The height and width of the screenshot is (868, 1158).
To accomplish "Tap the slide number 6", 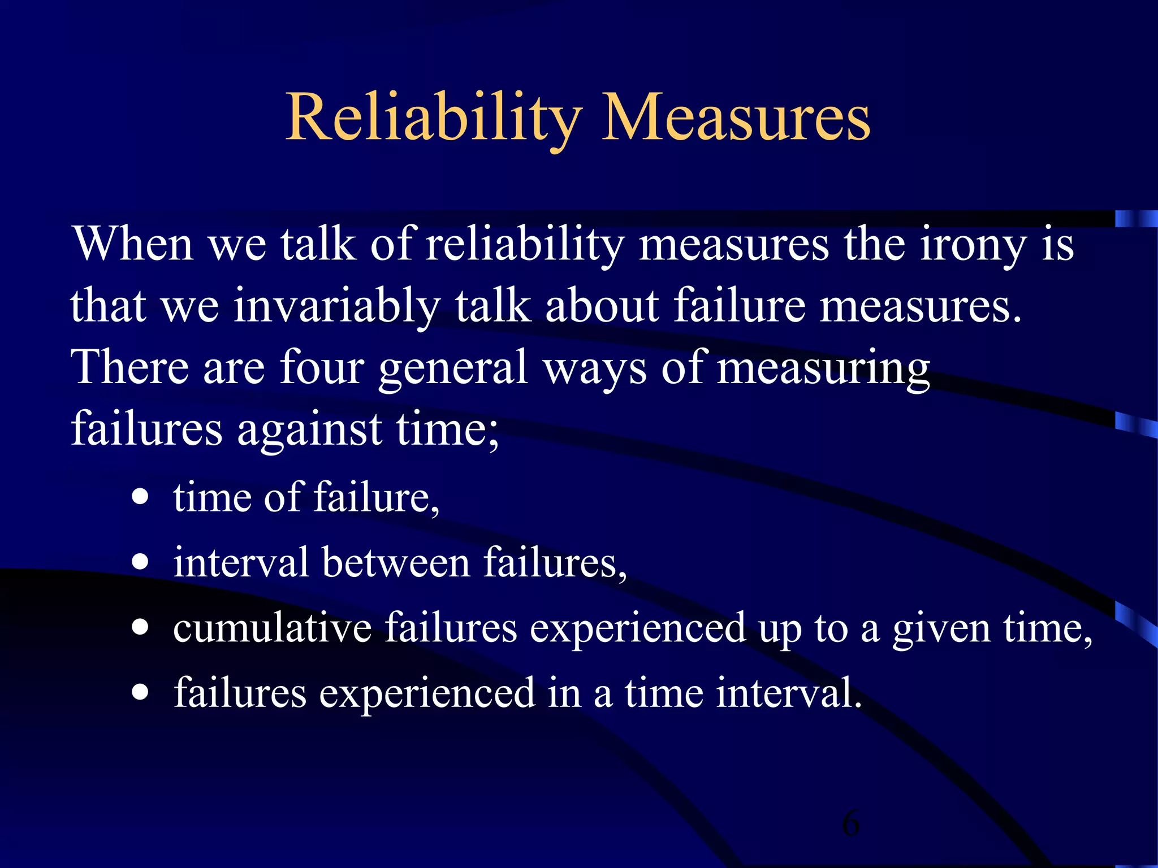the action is coord(850,823).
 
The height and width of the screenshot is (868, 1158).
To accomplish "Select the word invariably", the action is coord(336,307).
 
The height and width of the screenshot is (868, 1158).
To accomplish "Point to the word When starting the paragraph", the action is coord(133,245).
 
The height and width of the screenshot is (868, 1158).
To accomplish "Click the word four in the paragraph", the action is coord(322,368).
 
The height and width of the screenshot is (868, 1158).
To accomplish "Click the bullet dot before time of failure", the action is coord(140,497).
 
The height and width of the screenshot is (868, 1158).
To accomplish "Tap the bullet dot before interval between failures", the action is coord(140,562).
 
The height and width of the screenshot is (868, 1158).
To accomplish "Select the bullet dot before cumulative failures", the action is coord(140,627).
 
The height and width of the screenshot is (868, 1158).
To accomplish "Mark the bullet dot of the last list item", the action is coord(140,692).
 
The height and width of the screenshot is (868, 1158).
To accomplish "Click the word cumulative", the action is coord(272,628).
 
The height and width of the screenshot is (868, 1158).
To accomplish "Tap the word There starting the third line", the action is coord(129,368).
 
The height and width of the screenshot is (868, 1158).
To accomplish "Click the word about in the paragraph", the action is coord(602,307).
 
